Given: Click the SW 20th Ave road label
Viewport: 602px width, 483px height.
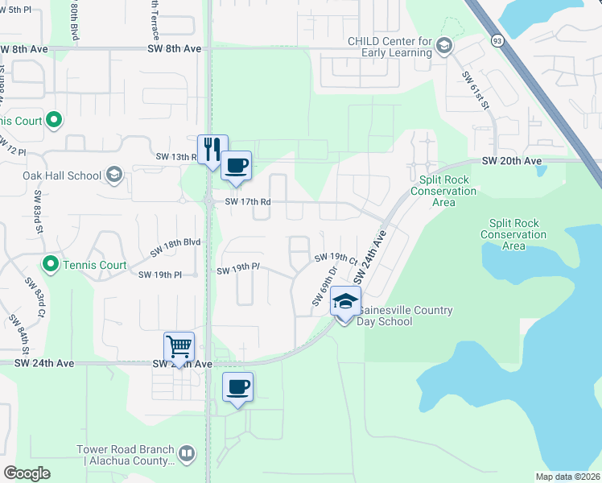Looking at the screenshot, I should (512, 161).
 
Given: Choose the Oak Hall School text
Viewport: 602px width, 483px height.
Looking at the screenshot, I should (63, 175).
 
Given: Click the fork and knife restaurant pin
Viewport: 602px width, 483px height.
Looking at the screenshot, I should (212, 149).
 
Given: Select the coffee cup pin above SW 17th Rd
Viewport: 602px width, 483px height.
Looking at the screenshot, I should (236, 166).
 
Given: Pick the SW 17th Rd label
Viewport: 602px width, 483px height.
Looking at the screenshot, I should (246, 201).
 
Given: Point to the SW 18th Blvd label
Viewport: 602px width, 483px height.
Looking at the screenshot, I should (175, 247).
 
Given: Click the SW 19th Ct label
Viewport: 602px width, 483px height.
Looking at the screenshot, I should (336, 258).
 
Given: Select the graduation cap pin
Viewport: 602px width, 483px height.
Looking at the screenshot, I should (345, 302).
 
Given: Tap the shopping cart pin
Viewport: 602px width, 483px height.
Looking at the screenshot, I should (179, 347).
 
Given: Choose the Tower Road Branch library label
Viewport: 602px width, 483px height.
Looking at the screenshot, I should (125, 455).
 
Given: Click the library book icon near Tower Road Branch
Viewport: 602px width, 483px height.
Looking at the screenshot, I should (187, 454).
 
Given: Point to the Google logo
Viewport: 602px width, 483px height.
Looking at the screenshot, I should (27, 473).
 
